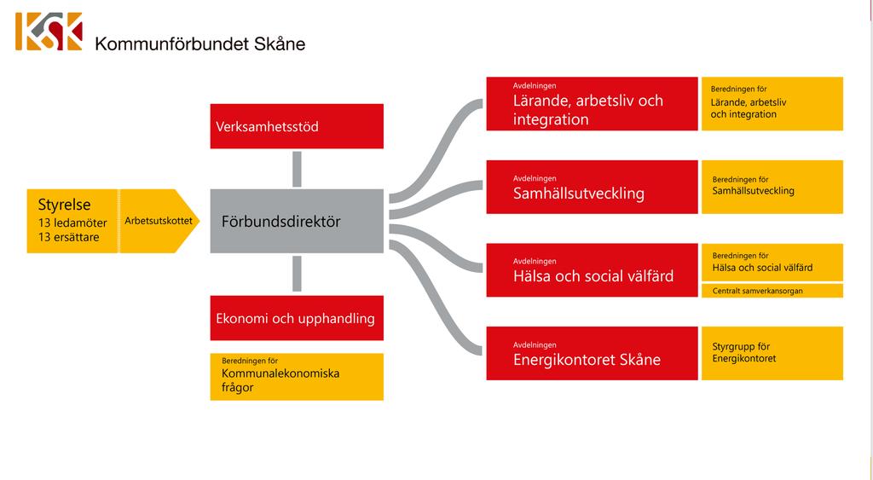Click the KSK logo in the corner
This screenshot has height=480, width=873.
pyautogui.click(x=49, y=32)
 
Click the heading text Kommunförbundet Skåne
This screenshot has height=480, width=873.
pyautogui.click(x=200, y=44)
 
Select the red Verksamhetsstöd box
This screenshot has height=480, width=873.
pyautogui.click(x=297, y=126)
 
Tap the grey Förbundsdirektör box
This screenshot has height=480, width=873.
pyautogui.click(x=297, y=221)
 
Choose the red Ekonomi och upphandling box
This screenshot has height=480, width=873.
pyautogui.click(x=297, y=318)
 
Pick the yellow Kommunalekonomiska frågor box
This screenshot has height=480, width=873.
pyautogui.click(x=297, y=377)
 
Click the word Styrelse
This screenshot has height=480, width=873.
pyautogui.click(x=64, y=205)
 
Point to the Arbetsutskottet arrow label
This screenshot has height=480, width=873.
pyautogui.click(x=159, y=221)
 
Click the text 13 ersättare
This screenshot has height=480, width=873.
pyautogui.click(x=68, y=237)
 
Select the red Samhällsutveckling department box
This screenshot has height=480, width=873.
pyautogui.click(x=592, y=187)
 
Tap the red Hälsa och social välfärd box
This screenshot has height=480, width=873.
pyautogui.click(x=592, y=270)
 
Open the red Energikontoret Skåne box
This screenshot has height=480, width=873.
pyautogui.click(x=592, y=354)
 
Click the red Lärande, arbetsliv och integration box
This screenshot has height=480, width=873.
pyautogui.click(x=592, y=103)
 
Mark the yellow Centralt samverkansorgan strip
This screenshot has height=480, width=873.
pyautogui.click(x=772, y=291)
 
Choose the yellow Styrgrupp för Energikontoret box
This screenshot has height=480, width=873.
pyautogui.click(x=772, y=354)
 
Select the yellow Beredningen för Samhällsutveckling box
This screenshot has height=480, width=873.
pyautogui.click(x=772, y=187)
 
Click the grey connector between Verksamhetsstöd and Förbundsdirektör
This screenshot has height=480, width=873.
pyautogui.click(x=297, y=170)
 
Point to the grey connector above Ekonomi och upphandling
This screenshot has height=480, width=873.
pyautogui.click(x=297, y=274)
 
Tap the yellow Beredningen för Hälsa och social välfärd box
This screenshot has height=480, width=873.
pyautogui.click(x=772, y=263)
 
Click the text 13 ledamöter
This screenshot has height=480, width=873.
pyautogui.click(x=72, y=223)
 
